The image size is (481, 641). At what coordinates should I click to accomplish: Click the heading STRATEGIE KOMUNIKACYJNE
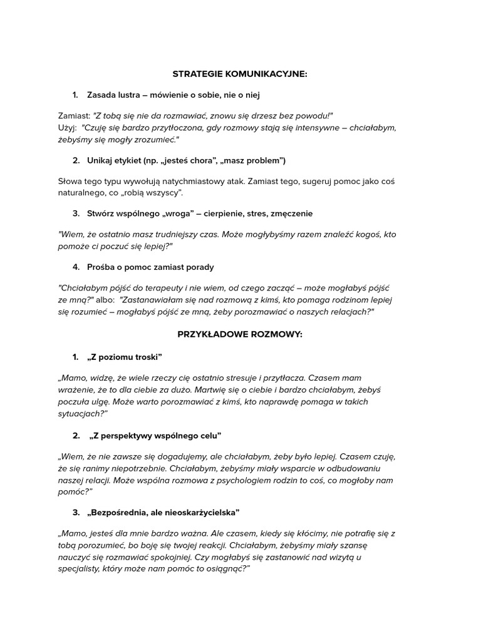click(240, 74)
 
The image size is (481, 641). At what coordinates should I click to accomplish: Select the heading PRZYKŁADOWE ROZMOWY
click(240, 334)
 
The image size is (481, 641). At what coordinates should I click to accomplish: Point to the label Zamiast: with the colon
click(73, 116)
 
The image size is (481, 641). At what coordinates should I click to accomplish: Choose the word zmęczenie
click(286, 213)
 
